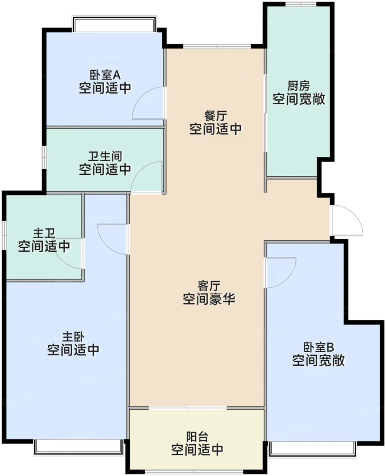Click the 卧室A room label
click(105, 75)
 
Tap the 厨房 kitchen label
click(299, 86)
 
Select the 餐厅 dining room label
click(216, 116)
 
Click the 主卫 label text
click(44, 233)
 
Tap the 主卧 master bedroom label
click(73, 337)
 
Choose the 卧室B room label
click(319, 347)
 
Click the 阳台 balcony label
click(197, 437)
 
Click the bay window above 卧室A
click(114, 23)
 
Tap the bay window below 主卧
click(78, 448)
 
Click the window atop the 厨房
click(301, 4)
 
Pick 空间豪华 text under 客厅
click(209, 299)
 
